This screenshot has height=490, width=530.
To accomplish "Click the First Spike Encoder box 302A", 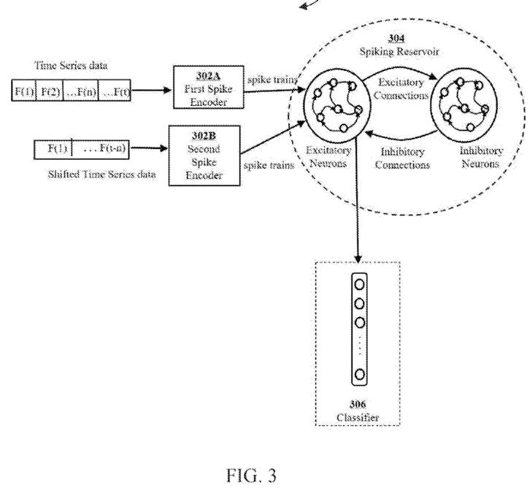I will tap(201, 88).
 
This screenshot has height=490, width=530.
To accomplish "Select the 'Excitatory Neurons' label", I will tap(329, 160).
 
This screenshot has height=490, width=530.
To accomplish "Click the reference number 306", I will tap(358, 404).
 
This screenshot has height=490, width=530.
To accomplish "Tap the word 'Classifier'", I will tap(358, 417).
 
